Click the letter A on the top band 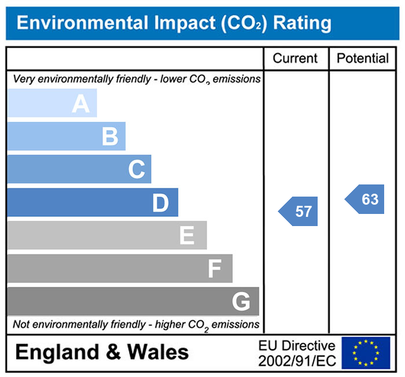tap(80, 104)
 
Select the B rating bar tap(66, 136)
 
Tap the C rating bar tap(79, 169)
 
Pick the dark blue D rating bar tap(93, 202)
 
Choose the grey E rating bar tap(106, 235)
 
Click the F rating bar tap(120, 268)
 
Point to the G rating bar tap(133, 301)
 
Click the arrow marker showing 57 tap(299, 211)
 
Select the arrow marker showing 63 tap(366, 199)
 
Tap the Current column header tap(295, 58)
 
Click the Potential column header tap(363, 58)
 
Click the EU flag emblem tap(365, 352)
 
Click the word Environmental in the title tap(82, 23)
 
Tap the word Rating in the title tap(302, 23)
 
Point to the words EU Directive tap(297, 346)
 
